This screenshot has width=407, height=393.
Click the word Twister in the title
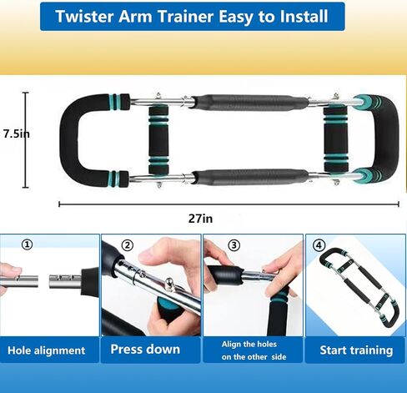point(84,16)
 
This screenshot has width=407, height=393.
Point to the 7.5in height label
point(17,134)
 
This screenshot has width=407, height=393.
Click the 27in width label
point(200,219)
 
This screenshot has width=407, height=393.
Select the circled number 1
point(28,244)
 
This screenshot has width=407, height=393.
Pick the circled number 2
point(128,245)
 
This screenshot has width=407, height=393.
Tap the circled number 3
point(234,245)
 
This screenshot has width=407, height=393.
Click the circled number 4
point(319,245)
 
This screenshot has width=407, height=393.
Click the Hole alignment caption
point(47,350)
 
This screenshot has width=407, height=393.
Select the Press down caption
point(145,349)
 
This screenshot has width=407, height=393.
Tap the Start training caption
point(356,350)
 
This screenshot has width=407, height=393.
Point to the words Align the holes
point(249,345)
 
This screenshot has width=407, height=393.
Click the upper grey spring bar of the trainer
point(250,103)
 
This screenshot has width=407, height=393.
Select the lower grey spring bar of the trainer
point(251,177)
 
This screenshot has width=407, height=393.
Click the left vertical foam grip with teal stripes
point(158,139)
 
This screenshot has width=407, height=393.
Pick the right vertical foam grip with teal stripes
point(336,139)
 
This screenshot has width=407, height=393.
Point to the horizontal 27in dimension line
point(229,204)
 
